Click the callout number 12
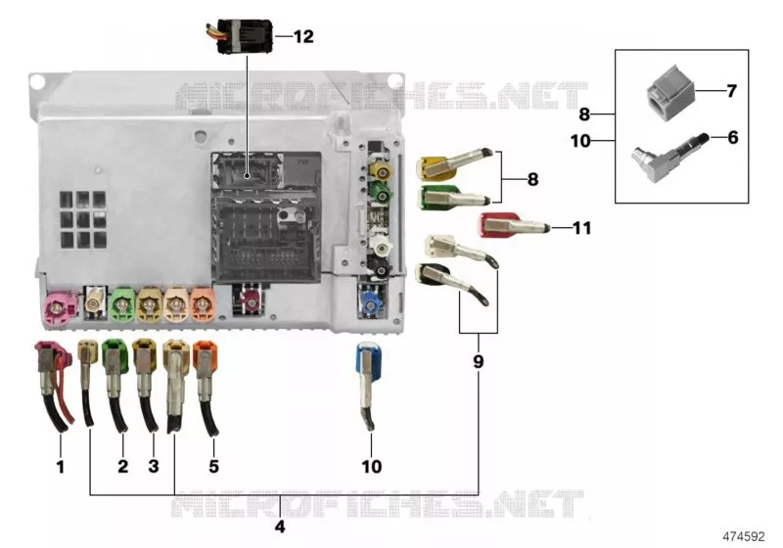pyautogui.click(x=303, y=36)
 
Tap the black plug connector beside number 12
pyautogui.click(x=240, y=36)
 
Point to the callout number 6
pyautogui.click(x=732, y=137)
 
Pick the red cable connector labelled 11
pyautogui.click(x=513, y=226)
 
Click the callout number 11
pyautogui.click(x=581, y=228)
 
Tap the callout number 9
pyautogui.click(x=478, y=361)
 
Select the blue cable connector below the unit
pyautogui.click(x=369, y=384)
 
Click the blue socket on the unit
pyautogui.click(x=370, y=302)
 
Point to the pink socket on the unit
pyautogui.click(x=60, y=307)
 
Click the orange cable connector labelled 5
pyautogui.click(x=206, y=387)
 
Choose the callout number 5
pyautogui.click(x=213, y=466)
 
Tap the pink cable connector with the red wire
pyautogui.click(x=53, y=385)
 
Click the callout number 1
pyautogui.click(x=61, y=467)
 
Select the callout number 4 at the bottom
pyautogui.click(x=280, y=526)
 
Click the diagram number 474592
pyautogui.click(x=744, y=536)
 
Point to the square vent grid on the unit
pyautogui.click(x=83, y=219)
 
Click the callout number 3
pyautogui.click(x=154, y=466)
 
